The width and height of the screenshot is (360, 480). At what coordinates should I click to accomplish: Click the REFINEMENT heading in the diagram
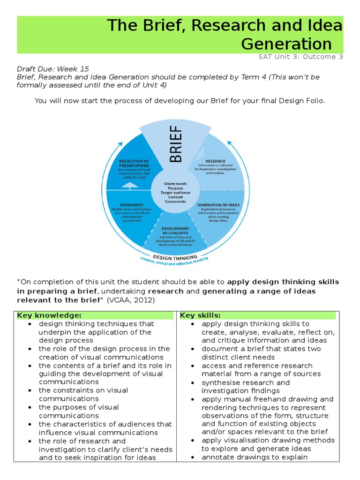click(x=127, y=204)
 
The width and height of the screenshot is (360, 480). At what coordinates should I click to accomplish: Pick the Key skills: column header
click(x=200, y=315)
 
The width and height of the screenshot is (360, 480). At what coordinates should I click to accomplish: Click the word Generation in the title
click(x=286, y=44)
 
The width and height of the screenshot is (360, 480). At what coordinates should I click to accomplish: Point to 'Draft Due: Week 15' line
click(x=52, y=68)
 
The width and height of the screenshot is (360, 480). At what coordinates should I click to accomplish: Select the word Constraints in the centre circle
click(x=175, y=202)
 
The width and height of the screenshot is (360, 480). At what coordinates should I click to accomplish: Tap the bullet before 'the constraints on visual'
click(x=30, y=390)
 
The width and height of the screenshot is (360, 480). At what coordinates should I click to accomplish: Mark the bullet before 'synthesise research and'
click(x=193, y=382)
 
